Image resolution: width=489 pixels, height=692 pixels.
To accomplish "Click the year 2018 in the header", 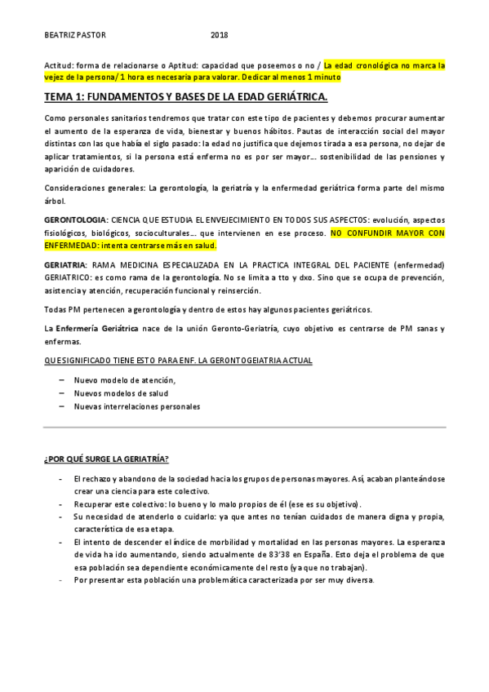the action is [220, 35].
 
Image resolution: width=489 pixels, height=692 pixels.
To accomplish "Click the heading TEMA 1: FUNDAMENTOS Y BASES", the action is [186, 98].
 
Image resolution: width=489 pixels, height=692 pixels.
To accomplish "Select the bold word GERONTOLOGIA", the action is [75, 221].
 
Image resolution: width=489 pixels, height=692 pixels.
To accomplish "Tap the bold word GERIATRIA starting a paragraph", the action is [66, 265].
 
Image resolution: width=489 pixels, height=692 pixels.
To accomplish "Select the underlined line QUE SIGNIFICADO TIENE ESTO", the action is [178, 360].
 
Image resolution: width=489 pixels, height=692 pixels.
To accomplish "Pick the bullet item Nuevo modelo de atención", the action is [124, 380].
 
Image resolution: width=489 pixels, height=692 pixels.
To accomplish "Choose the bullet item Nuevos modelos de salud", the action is [121, 393].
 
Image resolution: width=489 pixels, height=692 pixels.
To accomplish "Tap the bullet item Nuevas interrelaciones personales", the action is [136, 406].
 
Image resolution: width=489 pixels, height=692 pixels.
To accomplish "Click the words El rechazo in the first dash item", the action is [89, 479].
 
